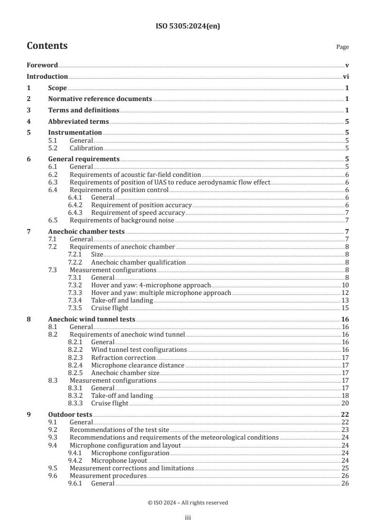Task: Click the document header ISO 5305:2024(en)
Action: (x=188, y=27)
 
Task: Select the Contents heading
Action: (x=47, y=46)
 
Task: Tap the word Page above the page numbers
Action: (x=342, y=47)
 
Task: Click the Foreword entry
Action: (x=42, y=65)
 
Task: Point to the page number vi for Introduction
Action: (x=346, y=77)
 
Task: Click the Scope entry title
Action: (x=57, y=88)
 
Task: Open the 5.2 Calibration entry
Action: (x=86, y=148)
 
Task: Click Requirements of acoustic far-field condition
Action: (x=135, y=175)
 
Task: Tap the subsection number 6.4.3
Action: (x=76, y=213)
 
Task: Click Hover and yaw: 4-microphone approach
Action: (x=150, y=285)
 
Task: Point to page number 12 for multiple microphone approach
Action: (x=345, y=293)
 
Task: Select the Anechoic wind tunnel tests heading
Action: (x=92, y=320)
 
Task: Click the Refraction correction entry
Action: (x=123, y=358)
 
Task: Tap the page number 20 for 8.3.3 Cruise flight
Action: (x=345, y=404)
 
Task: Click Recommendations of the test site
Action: (x=119, y=430)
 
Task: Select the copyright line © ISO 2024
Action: (x=188, y=503)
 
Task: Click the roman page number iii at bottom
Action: (x=188, y=518)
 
